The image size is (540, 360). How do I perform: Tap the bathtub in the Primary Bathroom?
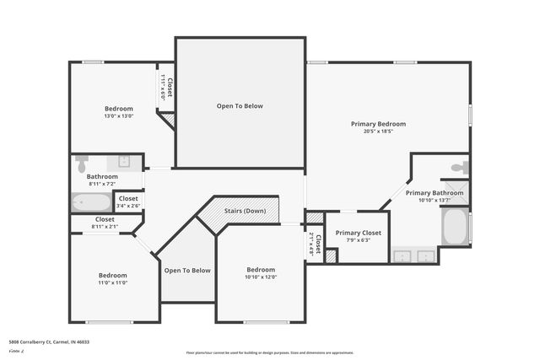pyautogui.click(x=455, y=226)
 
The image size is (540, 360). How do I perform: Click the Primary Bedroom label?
pyautogui.click(x=378, y=124)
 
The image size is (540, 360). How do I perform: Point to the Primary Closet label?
pyautogui.click(x=359, y=233)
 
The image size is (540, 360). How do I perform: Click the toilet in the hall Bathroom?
pyautogui.click(x=82, y=163)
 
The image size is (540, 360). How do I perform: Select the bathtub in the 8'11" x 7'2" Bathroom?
pyautogui.click(x=91, y=202)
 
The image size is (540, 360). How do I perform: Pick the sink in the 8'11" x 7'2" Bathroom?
pyautogui.click(x=123, y=161)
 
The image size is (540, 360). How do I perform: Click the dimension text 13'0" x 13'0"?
pyautogui.click(x=118, y=116)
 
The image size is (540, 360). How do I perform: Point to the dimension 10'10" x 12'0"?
pyautogui.click(x=261, y=277)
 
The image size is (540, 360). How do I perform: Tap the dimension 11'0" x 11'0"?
pyautogui.click(x=112, y=282)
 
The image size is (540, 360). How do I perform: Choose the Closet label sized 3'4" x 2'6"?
pyautogui.click(x=128, y=205)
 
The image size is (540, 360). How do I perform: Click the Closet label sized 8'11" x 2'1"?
pyautogui.click(x=105, y=227)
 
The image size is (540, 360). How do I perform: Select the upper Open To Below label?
pyautogui.click(x=240, y=106)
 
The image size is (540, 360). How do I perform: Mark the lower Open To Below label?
pyautogui.click(x=187, y=271)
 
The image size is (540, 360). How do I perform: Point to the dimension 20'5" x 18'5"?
pyautogui.click(x=378, y=132)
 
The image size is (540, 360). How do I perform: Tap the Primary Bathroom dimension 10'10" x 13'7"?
pyautogui.click(x=434, y=201)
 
